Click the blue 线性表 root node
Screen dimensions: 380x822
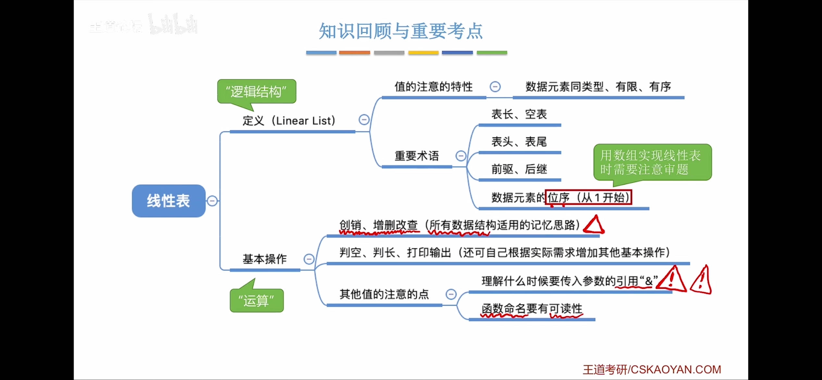pos(168,201)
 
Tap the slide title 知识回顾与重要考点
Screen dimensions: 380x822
pos(401,31)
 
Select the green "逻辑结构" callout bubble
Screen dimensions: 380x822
pos(256,92)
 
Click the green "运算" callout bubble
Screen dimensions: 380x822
pos(256,301)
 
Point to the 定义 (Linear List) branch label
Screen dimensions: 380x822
pos(289,121)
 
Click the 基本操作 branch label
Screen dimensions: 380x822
pos(265,259)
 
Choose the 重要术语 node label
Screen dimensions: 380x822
pos(417,156)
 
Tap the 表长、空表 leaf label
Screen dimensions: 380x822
pos(519,114)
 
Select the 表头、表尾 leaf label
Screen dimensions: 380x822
pos(519,142)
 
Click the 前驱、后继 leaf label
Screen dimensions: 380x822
pos(519,169)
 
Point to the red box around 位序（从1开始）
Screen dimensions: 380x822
pos(588,197)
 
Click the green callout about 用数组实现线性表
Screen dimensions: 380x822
pos(652,162)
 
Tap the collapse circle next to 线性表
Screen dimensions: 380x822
pos(212,201)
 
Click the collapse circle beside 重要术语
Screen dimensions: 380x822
pos(461,156)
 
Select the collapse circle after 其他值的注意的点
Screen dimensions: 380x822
pos(451,294)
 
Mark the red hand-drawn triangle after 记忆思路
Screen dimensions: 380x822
pos(594,225)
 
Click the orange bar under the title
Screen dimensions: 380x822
pos(355,53)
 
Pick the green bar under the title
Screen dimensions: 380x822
pos(492,53)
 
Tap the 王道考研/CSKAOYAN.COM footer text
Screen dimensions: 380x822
pos(652,370)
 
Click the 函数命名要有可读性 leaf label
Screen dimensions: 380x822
pos(532,309)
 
